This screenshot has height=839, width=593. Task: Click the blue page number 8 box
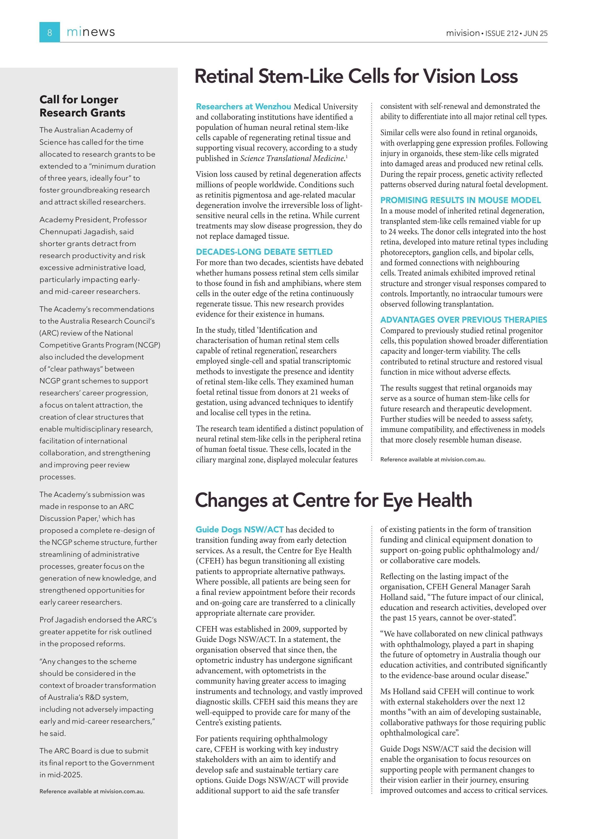tap(49, 32)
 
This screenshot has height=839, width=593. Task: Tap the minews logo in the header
tap(91, 32)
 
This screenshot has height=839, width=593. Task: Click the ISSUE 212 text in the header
tap(502, 33)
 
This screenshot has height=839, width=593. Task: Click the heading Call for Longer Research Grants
tap(82, 106)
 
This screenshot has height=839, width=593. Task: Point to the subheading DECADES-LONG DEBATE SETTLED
tap(264, 252)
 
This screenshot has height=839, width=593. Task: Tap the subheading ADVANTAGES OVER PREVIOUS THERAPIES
tap(463, 320)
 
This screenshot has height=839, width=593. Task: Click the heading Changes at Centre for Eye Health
tap(333, 500)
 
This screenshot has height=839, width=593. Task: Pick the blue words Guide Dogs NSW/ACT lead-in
tap(239, 529)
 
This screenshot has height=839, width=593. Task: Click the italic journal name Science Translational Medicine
tap(292, 159)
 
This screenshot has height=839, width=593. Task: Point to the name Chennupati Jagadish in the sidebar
tap(86, 232)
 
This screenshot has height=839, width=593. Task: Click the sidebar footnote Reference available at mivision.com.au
tap(92, 792)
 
